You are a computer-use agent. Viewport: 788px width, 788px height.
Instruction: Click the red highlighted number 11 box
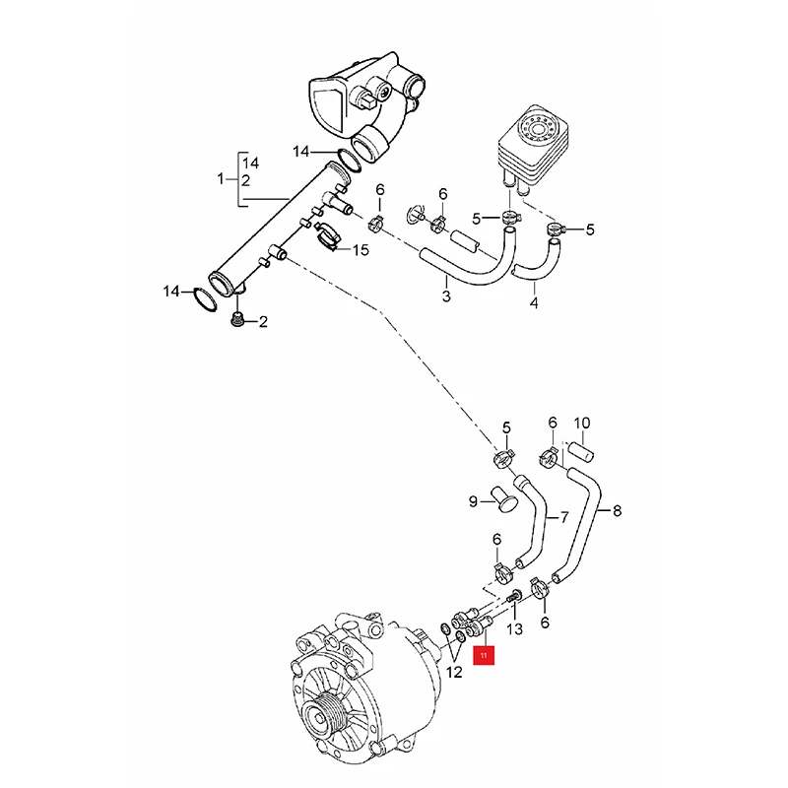point(485,654)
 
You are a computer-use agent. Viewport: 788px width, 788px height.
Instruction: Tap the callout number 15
point(361,250)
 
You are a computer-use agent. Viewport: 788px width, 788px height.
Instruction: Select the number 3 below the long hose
point(446,295)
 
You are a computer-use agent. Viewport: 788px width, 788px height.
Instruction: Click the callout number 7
point(564,516)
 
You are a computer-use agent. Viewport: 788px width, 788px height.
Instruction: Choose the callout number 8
point(617,510)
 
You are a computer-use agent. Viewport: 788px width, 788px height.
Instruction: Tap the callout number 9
point(473,501)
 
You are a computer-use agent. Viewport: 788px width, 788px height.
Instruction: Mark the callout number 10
point(581,424)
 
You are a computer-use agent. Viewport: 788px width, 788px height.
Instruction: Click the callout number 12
point(453,674)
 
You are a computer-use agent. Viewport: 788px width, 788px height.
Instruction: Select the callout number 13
point(514,628)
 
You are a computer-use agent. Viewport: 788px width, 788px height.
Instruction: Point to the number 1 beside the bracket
point(222,180)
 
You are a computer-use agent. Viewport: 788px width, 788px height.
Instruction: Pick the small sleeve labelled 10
point(581,455)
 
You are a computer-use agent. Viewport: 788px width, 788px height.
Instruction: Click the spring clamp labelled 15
point(330,235)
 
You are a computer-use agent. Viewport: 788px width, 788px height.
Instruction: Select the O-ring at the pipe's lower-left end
point(202,298)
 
